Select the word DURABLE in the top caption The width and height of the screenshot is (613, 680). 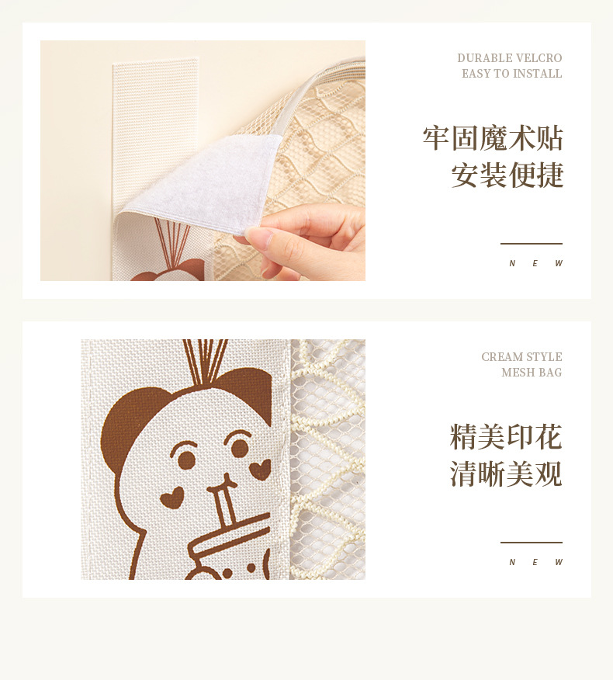485,58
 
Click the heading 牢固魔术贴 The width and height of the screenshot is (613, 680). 493,138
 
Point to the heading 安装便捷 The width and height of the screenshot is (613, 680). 507,175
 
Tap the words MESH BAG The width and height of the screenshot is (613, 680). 532,373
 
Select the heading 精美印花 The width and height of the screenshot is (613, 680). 506,437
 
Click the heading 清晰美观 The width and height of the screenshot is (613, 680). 506,474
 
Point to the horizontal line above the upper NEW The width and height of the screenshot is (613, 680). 531,244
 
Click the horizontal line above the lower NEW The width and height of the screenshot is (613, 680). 531,543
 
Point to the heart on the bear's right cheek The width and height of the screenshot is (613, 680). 259,469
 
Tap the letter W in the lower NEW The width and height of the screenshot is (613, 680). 559,563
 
